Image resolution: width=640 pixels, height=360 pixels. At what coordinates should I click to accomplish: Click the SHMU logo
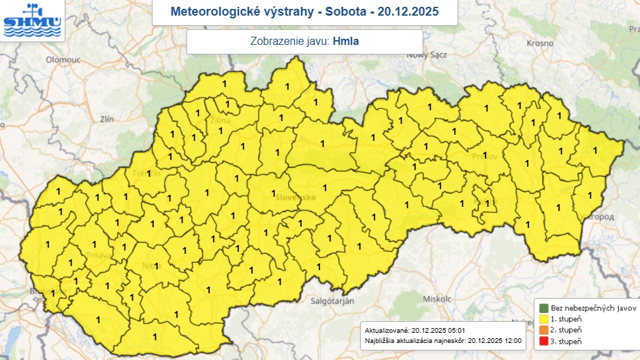pos(32,20)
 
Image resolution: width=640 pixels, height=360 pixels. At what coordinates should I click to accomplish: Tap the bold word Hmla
pos(345,42)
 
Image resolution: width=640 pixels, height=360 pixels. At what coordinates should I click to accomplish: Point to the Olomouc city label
pos(63,60)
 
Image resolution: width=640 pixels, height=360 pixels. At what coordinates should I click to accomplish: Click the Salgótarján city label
pos(332,300)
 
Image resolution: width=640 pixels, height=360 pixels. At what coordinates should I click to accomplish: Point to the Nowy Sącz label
pos(426,55)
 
